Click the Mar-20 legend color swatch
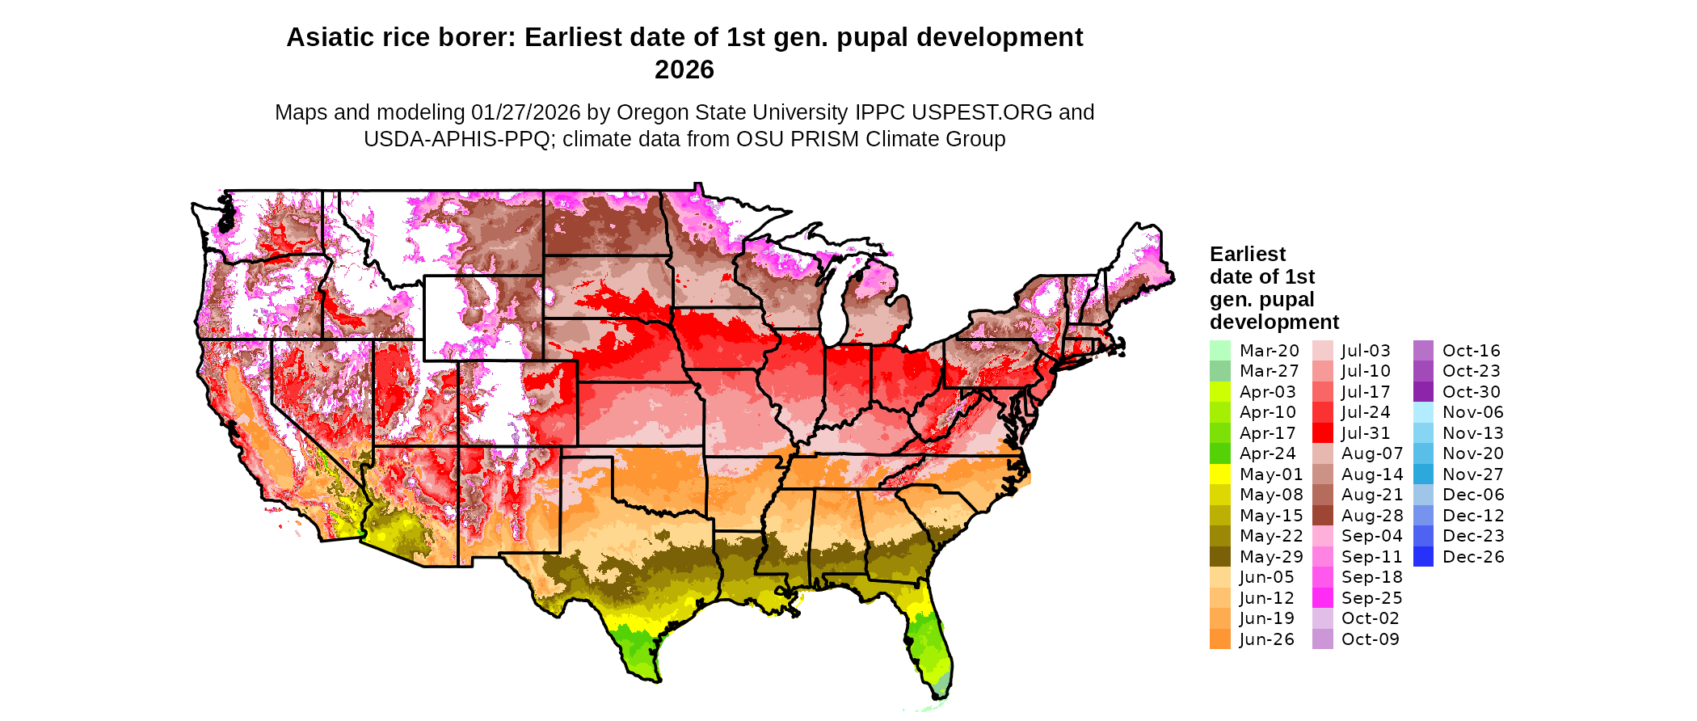click(1220, 351)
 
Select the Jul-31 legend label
click(1366, 433)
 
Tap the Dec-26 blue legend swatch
click(1424, 557)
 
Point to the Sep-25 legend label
click(1371, 598)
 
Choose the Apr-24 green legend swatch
click(1220, 453)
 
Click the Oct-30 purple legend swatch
click(1424, 392)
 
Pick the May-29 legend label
click(1271, 557)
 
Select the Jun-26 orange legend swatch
click(1220, 639)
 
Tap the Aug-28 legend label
click(1372, 516)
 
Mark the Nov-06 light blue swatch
click(1424, 412)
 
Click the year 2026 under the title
click(684, 70)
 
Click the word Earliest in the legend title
click(1247, 255)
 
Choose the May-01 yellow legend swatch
click(1220, 474)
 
